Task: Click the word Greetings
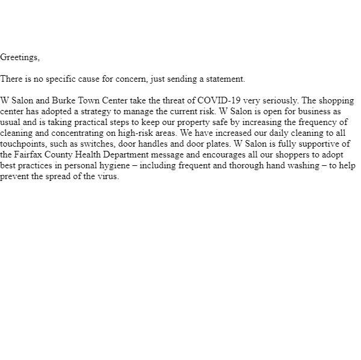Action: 19,58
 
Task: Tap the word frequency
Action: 319,123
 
